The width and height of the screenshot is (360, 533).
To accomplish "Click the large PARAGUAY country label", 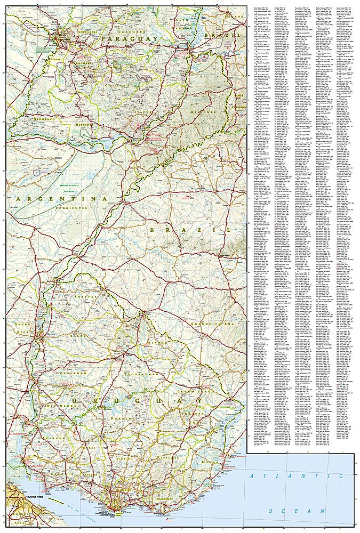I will click(131, 39).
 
